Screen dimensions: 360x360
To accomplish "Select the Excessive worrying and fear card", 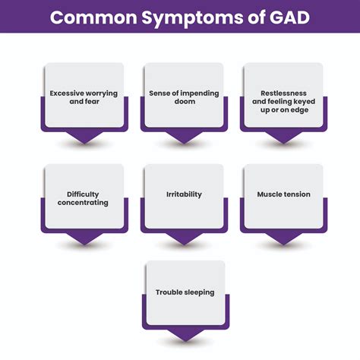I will coord(84,97).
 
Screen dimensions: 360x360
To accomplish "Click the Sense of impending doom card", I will coord(183,97).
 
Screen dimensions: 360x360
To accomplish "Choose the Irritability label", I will coord(183,194).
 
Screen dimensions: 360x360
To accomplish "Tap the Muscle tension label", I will coord(283,194).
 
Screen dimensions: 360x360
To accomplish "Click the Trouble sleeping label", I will coord(185,292).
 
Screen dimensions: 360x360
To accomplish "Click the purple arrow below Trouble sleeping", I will coord(185,334).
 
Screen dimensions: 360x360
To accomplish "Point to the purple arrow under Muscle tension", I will coord(283,238).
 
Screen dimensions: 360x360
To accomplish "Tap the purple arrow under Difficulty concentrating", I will coord(84,238).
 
